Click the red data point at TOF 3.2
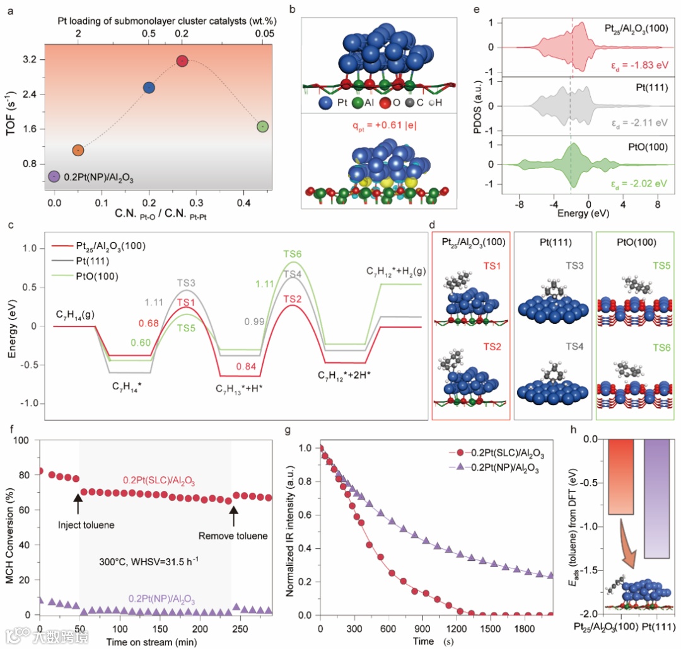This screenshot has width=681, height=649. [182, 61]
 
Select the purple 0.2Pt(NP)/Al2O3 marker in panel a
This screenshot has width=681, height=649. [54, 177]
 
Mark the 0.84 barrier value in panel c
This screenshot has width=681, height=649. [247, 367]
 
